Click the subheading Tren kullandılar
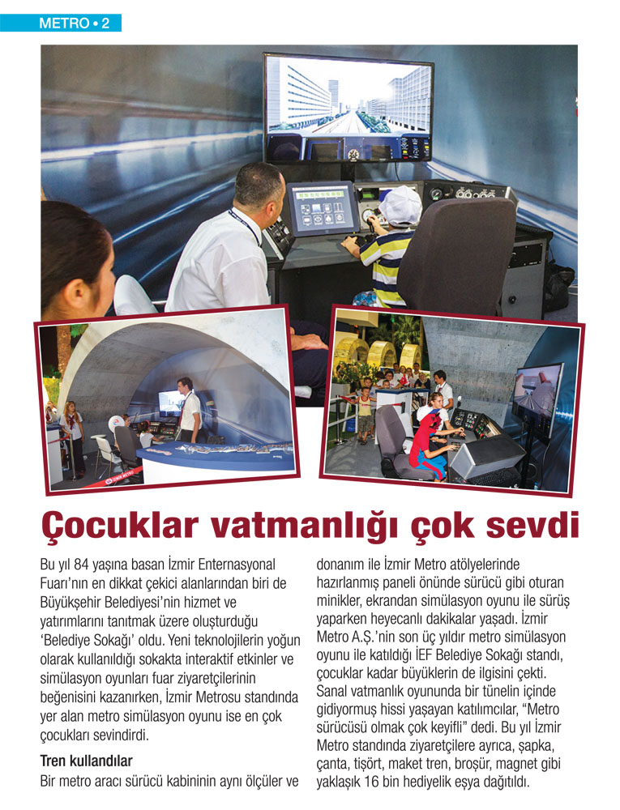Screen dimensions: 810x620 86,761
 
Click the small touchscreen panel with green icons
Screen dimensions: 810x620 323,208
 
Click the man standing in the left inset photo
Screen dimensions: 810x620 188,409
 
